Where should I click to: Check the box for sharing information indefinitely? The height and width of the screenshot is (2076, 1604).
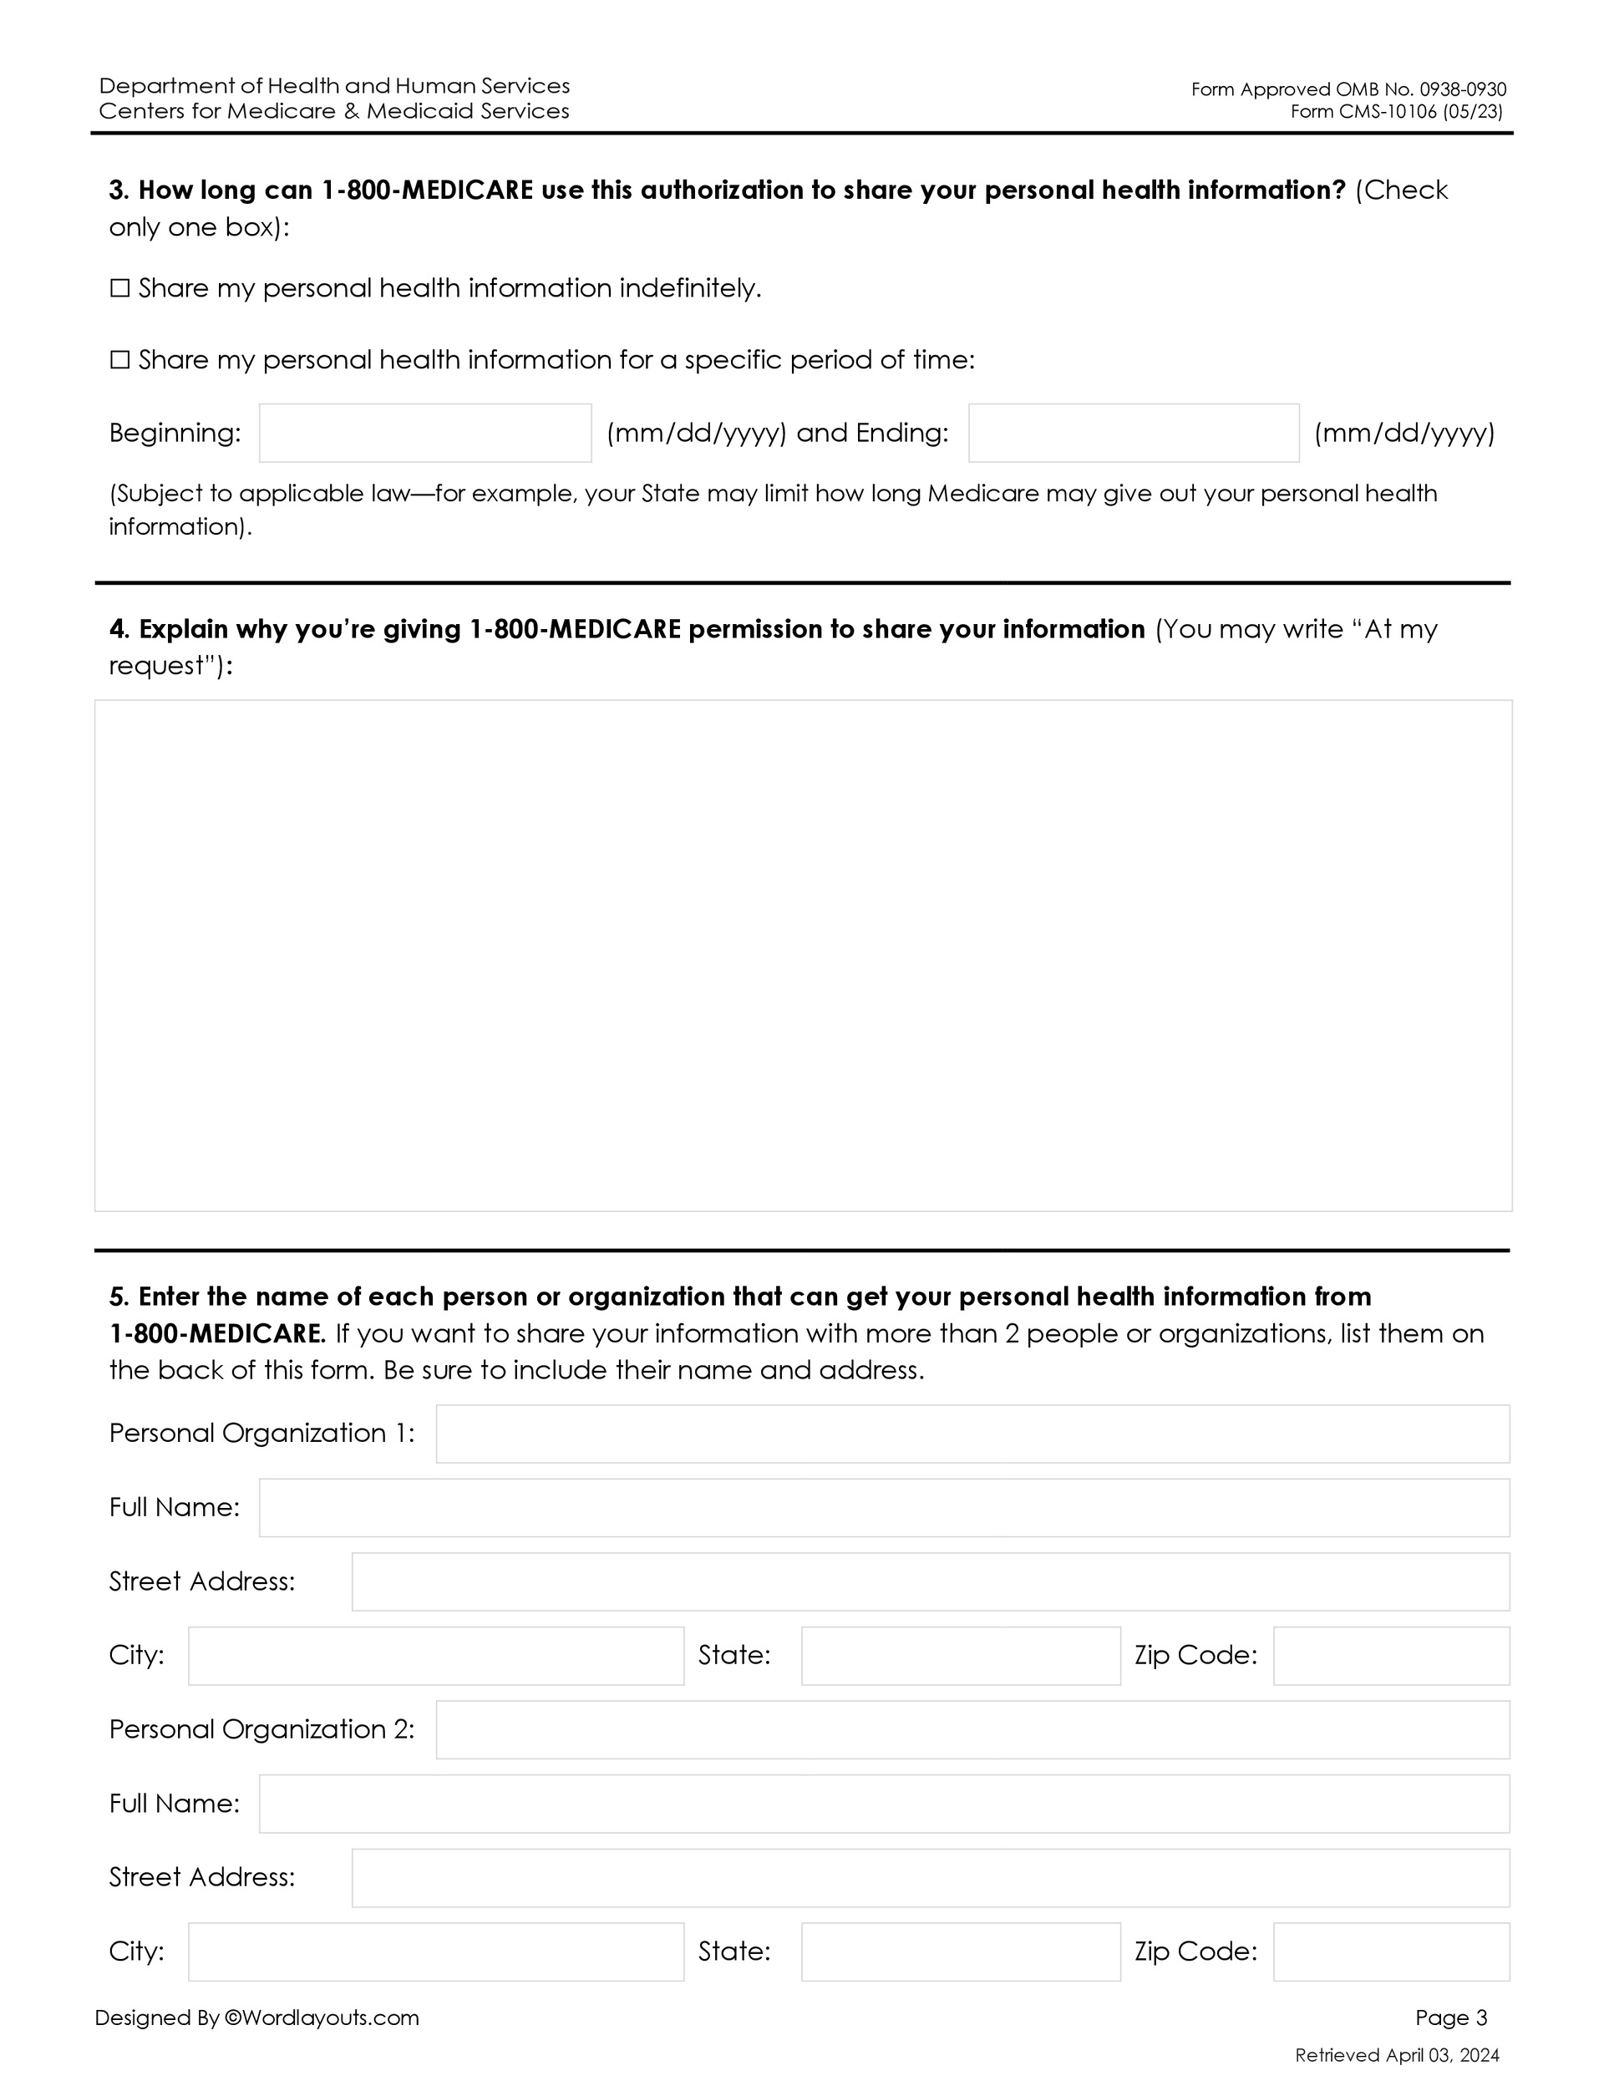[x=119, y=288]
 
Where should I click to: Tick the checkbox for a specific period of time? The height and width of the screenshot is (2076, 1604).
[x=119, y=359]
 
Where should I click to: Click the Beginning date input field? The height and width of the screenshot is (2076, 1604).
[x=425, y=434]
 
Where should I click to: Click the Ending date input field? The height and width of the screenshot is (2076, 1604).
[x=1134, y=434]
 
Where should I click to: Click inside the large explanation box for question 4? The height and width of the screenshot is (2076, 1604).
[x=803, y=956]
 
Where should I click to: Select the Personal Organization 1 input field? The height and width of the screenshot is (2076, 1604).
[x=972, y=1434]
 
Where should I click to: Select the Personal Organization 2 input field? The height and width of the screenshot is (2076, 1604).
[x=972, y=1729]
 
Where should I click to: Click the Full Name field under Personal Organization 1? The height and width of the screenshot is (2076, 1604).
[x=883, y=1508]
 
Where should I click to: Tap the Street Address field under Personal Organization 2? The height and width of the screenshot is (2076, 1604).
[x=930, y=1877]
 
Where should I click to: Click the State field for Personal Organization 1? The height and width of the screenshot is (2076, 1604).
[x=960, y=1656]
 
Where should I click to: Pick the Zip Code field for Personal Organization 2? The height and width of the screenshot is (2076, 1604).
[x=1391, y=1952]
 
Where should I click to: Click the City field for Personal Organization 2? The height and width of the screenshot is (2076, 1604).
[x=435, y=1952]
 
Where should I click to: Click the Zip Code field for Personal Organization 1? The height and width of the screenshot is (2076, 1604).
[x=1391, y=1656]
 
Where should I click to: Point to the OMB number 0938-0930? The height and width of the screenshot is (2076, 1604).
[x=1462, y=89]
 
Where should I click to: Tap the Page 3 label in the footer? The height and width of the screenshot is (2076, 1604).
[x=1451, y=2017]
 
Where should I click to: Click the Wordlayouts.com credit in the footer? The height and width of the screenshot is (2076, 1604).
[x=321, y=2017]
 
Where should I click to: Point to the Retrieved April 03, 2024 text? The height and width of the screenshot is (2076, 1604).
[x=1397, y=2055]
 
